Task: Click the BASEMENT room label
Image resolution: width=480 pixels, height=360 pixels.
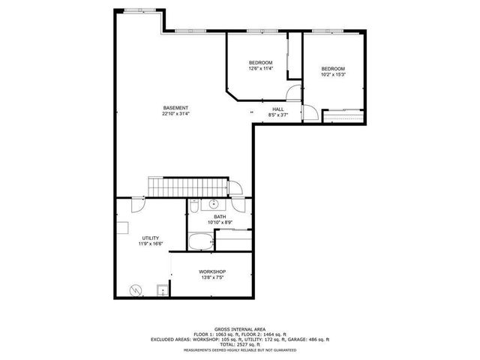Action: tap(176, 108)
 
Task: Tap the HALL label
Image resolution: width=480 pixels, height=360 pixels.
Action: tap(278, 109)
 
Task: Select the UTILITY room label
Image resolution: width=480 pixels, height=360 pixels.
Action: tap(150, 238)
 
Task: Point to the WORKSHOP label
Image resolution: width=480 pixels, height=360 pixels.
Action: tap(212, 271)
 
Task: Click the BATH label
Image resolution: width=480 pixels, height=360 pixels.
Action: tap(220, 217)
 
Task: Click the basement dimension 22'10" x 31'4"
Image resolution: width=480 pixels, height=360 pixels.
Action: tap(176, 114)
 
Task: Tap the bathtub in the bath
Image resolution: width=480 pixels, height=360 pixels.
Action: tap(199, 241)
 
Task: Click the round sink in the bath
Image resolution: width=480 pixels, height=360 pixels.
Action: tap(213, 203)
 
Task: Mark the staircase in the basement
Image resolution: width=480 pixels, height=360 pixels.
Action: tap(186, 187)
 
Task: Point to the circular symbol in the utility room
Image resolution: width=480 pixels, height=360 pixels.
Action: tap(136, 289)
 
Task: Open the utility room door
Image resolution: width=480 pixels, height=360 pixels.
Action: tap(138, 202)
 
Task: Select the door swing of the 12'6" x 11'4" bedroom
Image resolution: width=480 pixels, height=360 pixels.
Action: tap(294, 94)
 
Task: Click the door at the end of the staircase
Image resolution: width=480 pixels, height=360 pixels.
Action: tap(235, 188)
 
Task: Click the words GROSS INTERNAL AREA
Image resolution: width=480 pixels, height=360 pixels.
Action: tap(240, 328)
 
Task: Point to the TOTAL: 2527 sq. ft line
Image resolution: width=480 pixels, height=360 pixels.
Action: tap(240, 344)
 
